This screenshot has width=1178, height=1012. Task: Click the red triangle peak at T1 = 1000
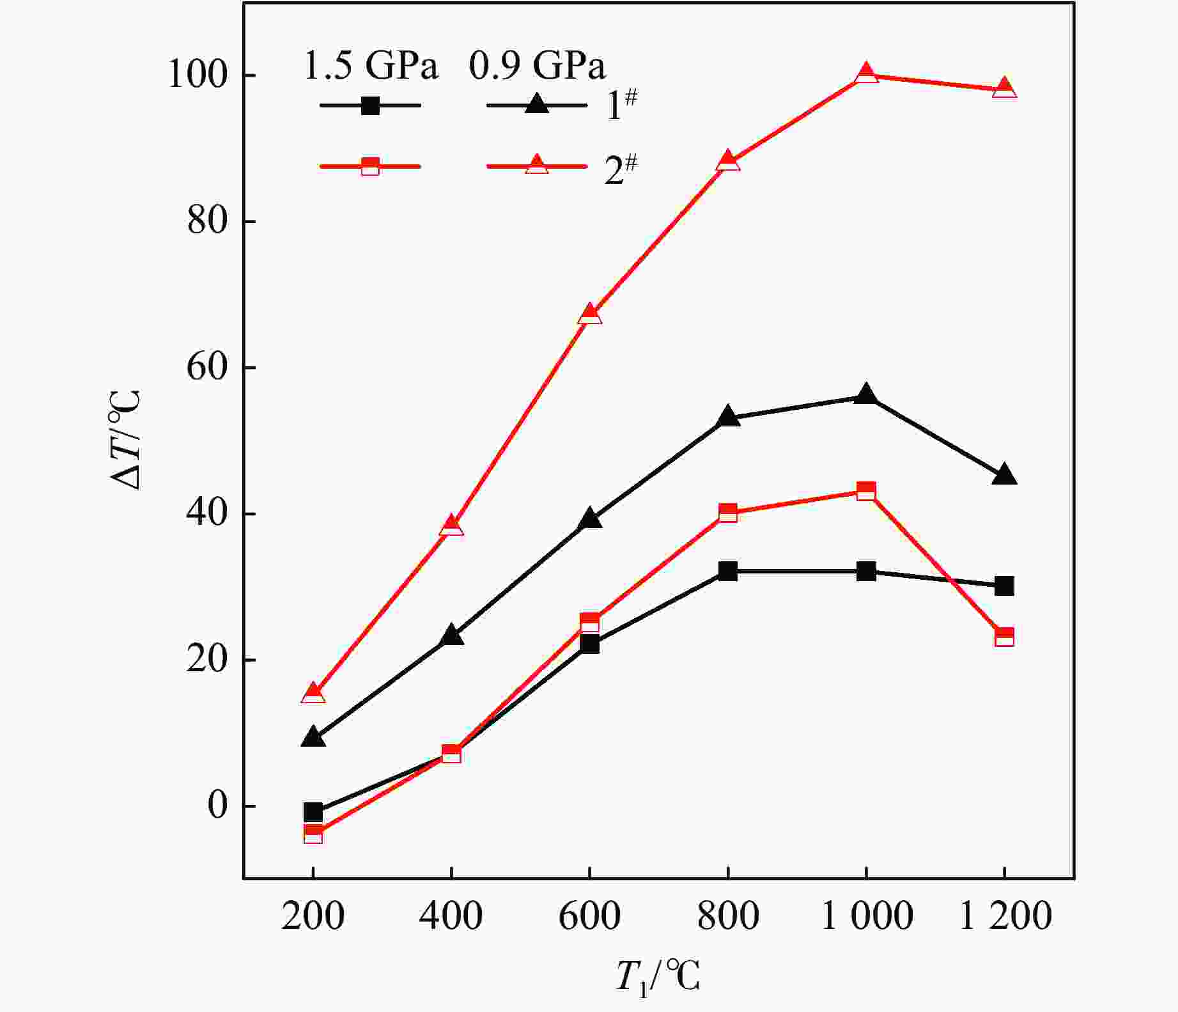pyautogui.click(x=866, y=74)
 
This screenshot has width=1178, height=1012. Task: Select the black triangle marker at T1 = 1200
pyautogui.click(x=1004, y=474)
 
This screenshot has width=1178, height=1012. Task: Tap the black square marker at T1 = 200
pyautogui.click(x=313, y=813)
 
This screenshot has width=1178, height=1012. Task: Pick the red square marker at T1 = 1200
pyautogui.click(x=1004, y=637)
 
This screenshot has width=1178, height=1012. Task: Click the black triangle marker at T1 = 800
pyautogui.click(x=728, y=417)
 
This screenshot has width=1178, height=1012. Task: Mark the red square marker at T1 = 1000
pyautogui.click(x=866, y=492)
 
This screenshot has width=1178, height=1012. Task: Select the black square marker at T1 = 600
pyautogui.click(x=590, y=644)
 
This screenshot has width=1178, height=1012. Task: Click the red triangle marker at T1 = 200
pyautogui.click(x=313, y=693)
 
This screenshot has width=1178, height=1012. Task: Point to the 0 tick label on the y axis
pyautogui.click(x=218, y=806)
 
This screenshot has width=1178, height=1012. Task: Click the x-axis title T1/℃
pyautogui.click(x=658, y=977)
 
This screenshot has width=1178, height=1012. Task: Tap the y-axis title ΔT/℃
pyautogui.click(x=125, y=440)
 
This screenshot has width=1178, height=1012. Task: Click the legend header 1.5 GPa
pyautogui.click(x=371, y=65)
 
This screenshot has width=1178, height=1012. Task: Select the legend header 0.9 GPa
pyautogui.click(x=537, y=65)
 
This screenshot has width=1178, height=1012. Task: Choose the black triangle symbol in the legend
pyautogui.click(x=537, y=104)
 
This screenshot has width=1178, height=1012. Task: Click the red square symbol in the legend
pyautogui.click(x=370, y=166)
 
